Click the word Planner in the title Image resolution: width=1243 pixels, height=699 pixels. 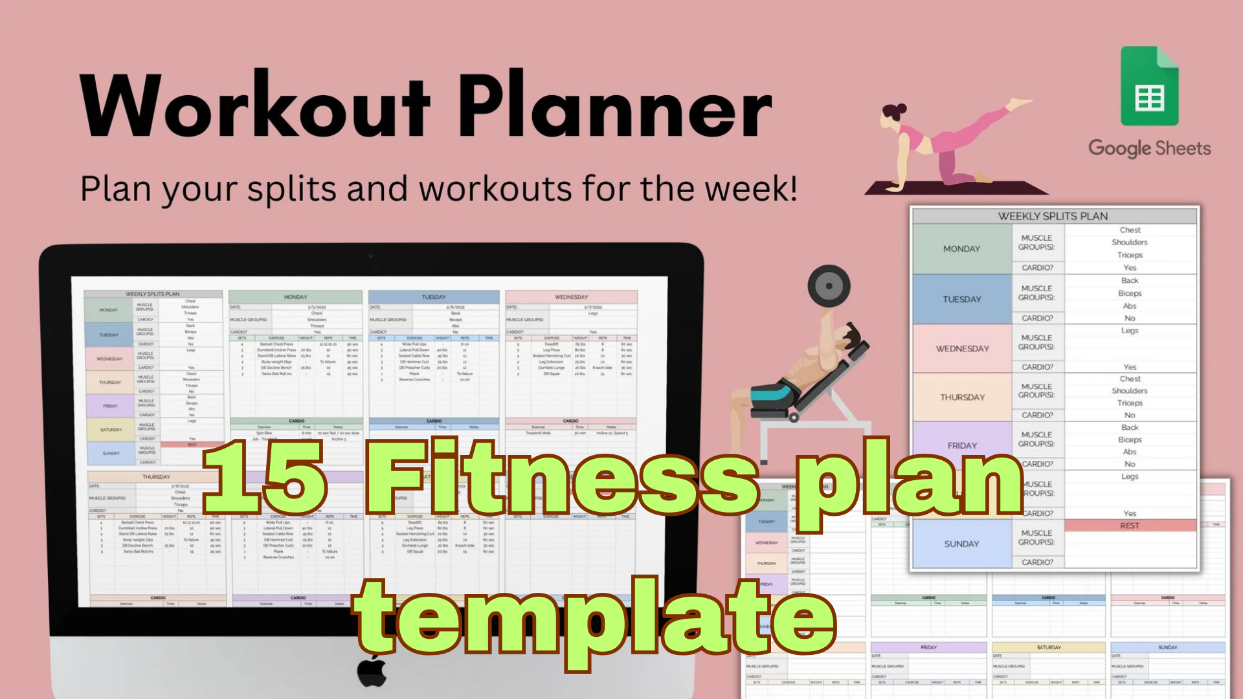pyautogui.click(x=615, y=107)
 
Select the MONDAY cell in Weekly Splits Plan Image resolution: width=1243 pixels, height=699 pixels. pyautogui.click(x=961, y=249)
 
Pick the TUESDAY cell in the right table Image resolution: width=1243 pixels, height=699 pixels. pyautogui.click(x=961, y=299)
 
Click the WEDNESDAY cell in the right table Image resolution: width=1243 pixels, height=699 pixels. pyautogui.click(x=962, y=348)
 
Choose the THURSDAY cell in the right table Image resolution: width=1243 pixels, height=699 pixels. pyautogui.click(x=962, y=397)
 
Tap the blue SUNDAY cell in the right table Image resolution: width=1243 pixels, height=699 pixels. pyautogui.click(x=961, y=544)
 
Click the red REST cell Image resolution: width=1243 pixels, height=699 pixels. pyautogui.click(x=1130, y=526)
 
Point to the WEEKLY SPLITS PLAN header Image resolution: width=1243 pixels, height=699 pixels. pyautogui.click(x=1053, y=216)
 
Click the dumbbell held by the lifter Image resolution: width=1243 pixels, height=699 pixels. pyautogui.click(x=829, y=285)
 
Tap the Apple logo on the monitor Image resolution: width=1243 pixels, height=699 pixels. pyautogui.click(x=372, y=672)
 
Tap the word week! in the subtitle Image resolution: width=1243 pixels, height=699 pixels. pyautogui.click(x=751, y=189)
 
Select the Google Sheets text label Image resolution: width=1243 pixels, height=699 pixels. pyautogui.click(x=1149, y=148)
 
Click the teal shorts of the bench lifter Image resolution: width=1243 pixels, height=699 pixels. pyautogui.click(x=774, y=392)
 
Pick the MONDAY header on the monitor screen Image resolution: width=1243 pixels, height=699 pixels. pyautogui.click(x=295, y=297)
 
